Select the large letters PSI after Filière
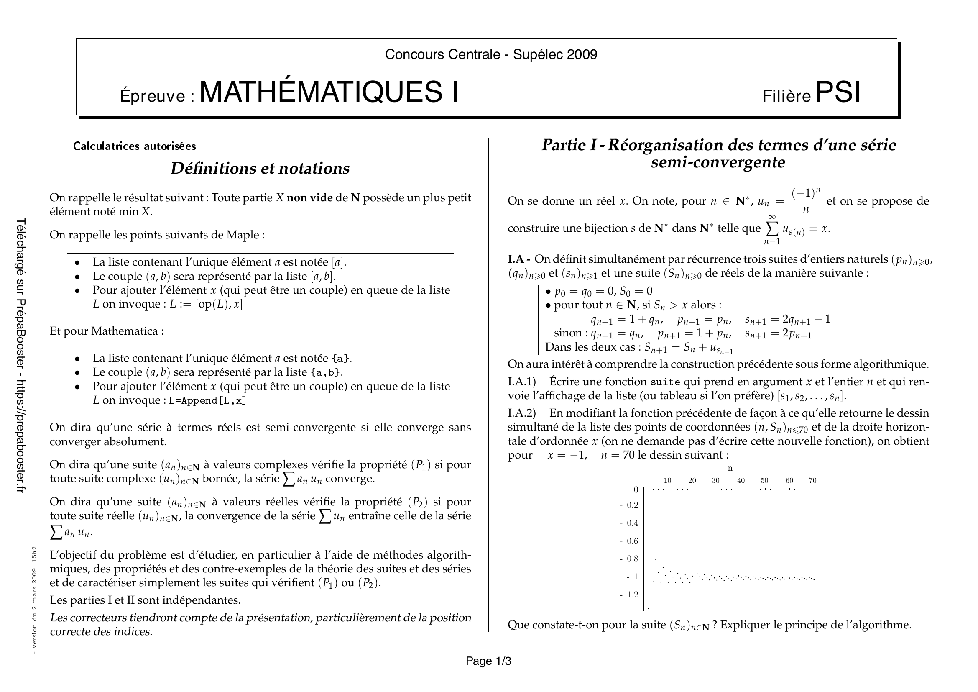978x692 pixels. point(838,92)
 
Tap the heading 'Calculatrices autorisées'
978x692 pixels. point(135,146)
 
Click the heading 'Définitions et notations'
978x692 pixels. point(260,169)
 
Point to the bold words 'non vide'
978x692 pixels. point(310,198)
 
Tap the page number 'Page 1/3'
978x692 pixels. point(488,661)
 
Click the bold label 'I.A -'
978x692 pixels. point(519,259)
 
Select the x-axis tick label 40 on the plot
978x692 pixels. point(741,481)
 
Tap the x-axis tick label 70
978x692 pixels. point(812,481)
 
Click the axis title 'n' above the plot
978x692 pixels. point(730,468)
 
